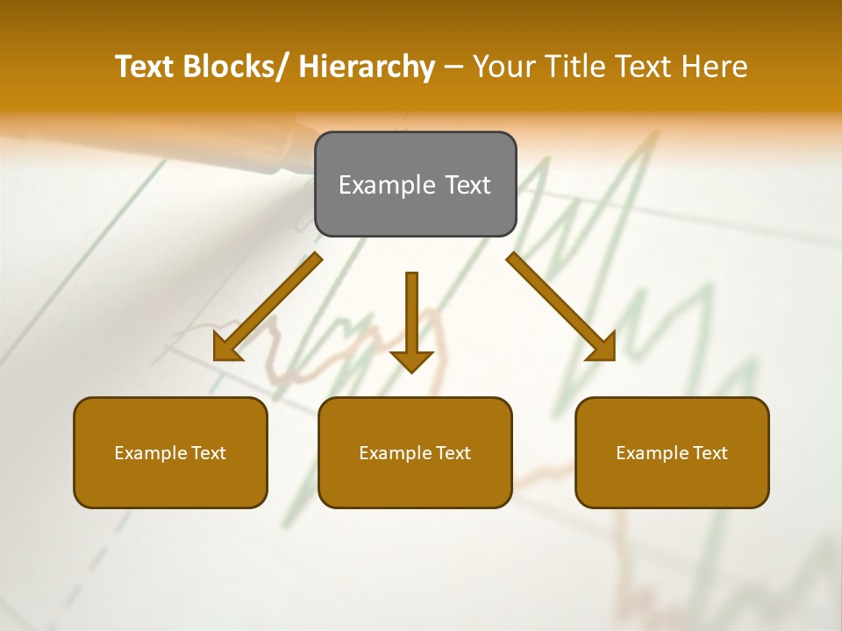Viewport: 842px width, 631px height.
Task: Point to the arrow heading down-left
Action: point(268,308)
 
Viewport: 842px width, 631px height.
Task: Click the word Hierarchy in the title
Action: point(366,67)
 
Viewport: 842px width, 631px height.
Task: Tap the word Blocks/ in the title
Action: point(236,67)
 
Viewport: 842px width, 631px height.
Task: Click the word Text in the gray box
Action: point(466,185)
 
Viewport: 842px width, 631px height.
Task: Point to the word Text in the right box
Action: point(710,453)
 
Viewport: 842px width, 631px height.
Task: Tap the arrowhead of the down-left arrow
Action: point(226,348)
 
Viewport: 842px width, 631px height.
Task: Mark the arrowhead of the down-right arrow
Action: point(603,347)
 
